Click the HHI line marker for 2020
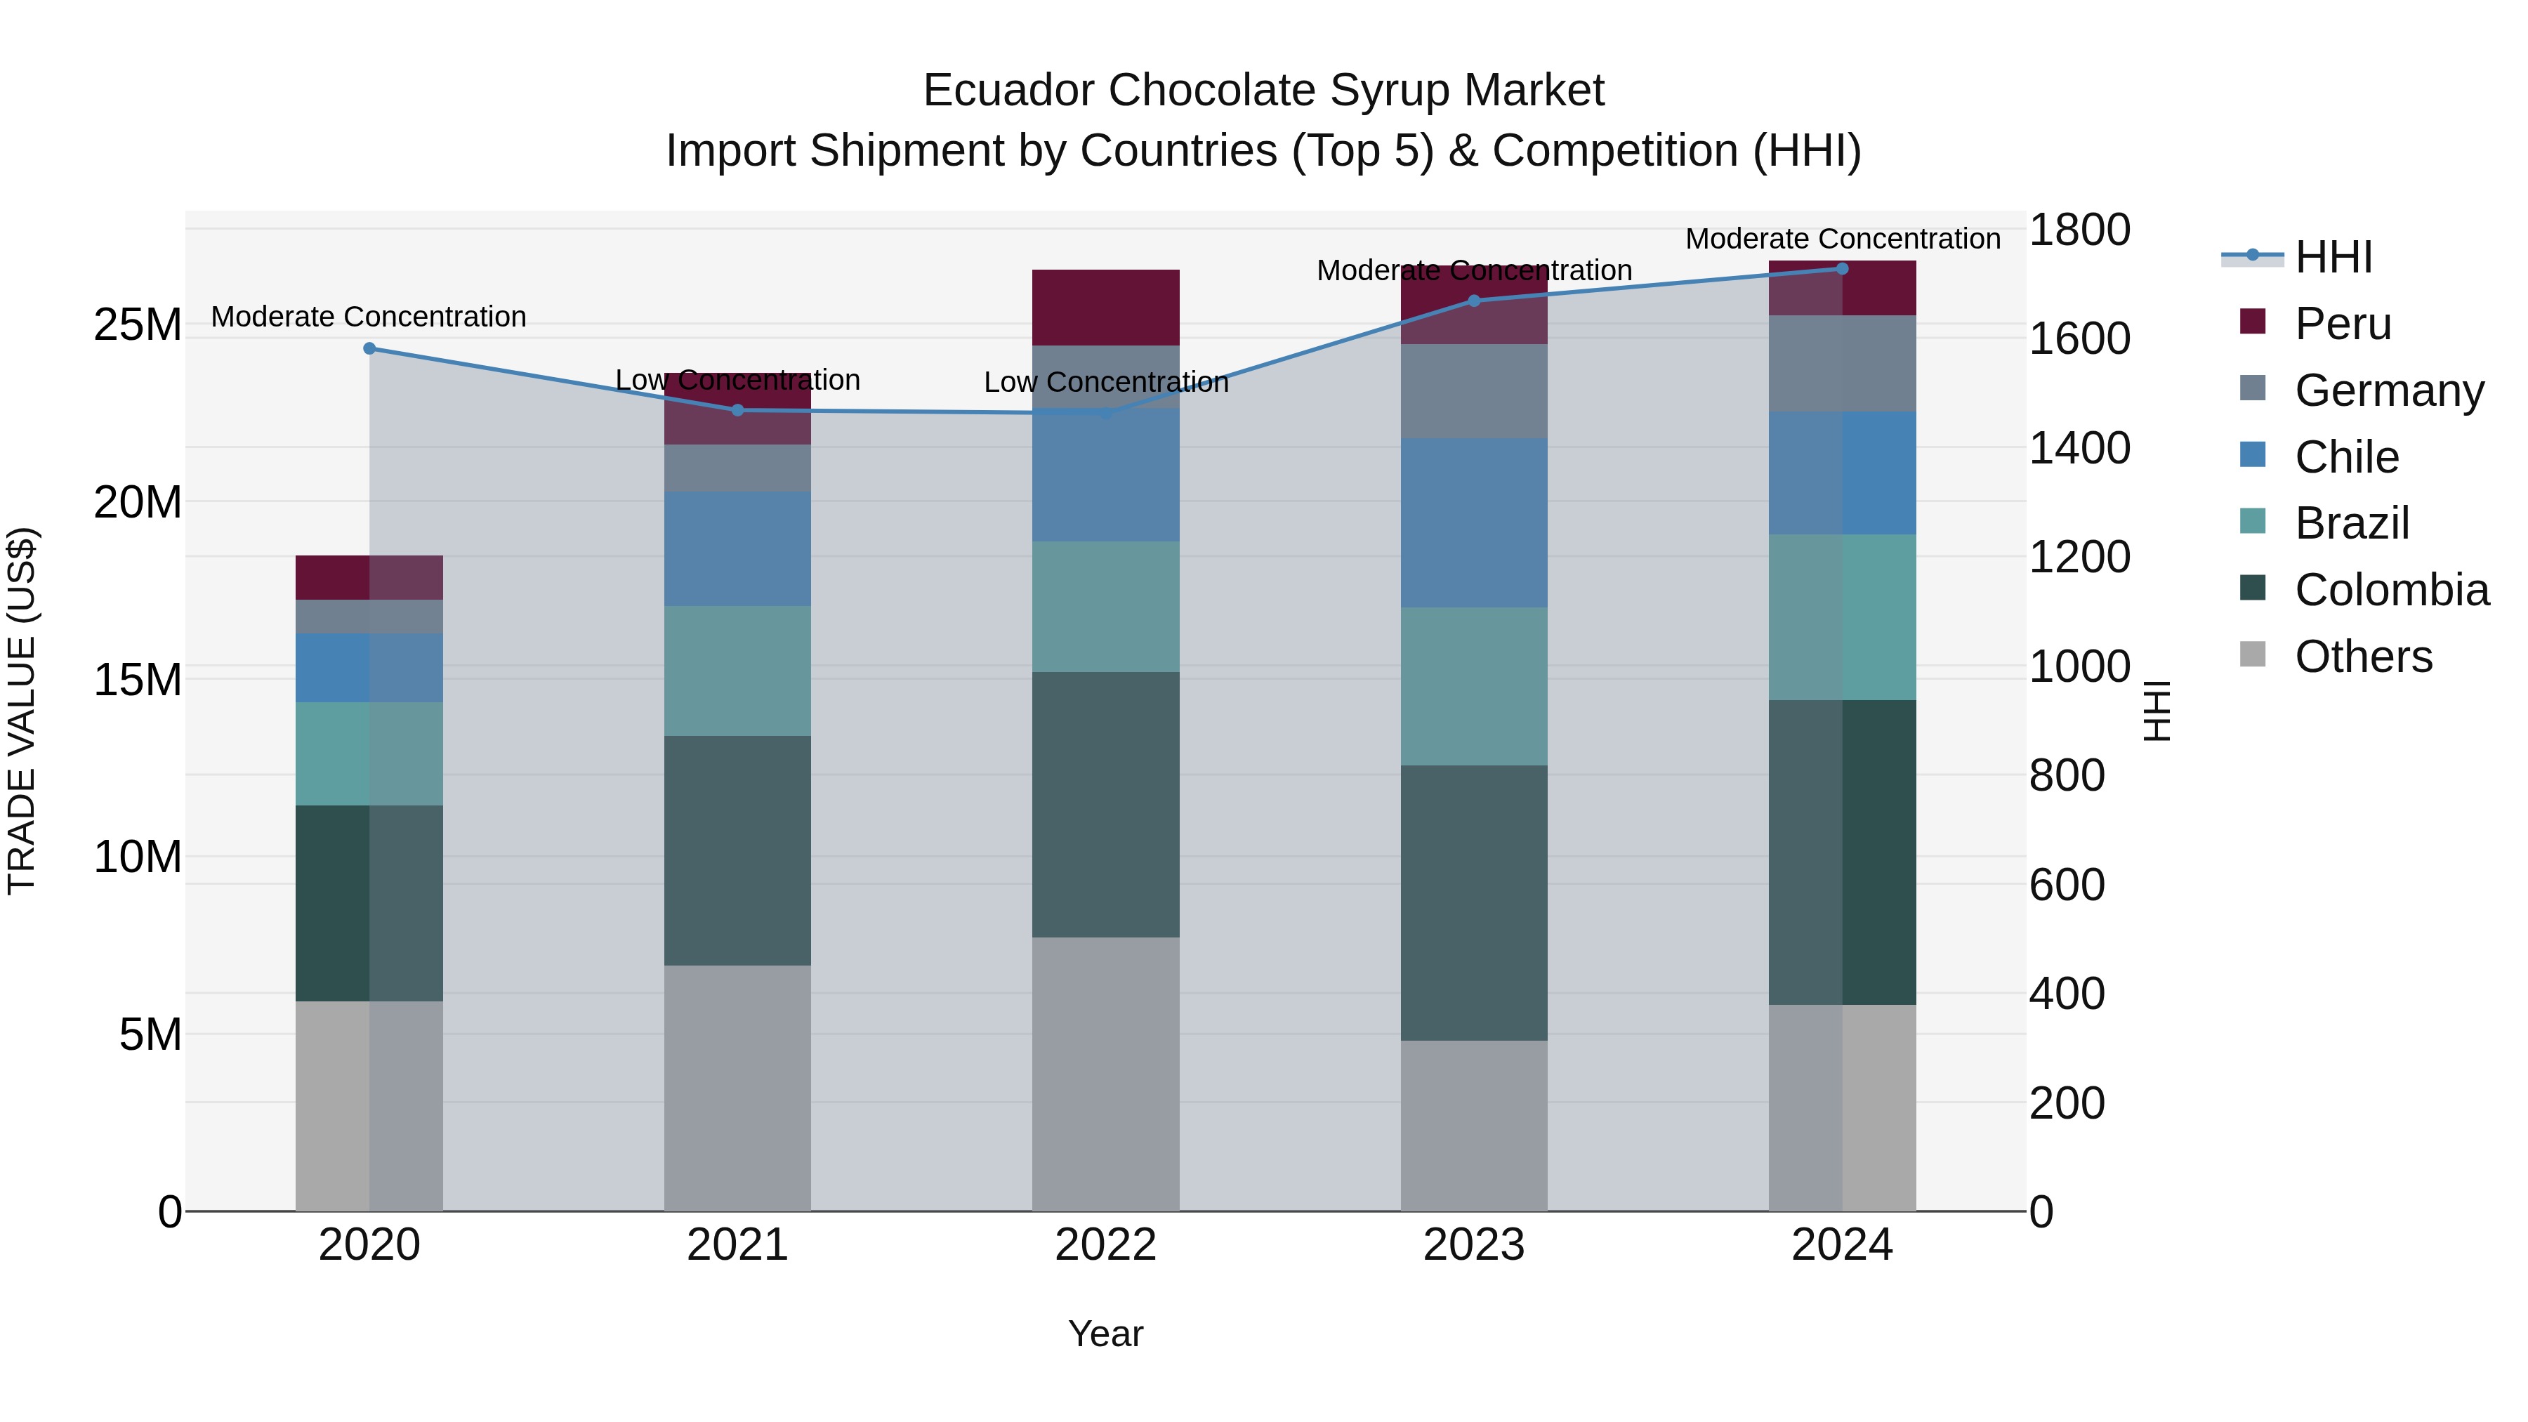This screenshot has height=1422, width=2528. [x=369, y=348]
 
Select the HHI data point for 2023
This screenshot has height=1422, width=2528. [x=1473, y=301]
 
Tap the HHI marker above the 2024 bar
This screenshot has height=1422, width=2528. [x=1842, y=269]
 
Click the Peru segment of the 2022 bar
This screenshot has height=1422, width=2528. [x=1105, y=307]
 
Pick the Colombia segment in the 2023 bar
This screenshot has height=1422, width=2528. [x=1473, y=903]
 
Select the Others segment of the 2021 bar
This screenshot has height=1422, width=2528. [x=737, y=1087]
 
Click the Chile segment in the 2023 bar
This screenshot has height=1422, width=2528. [x=1473, y=522]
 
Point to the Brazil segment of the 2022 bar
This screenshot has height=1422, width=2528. [x=1105, y=607]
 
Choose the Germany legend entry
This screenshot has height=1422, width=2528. [x=2389, y=390]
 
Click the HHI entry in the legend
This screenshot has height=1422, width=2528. [x=2333, y=257]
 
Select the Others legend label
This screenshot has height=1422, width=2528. [x=2363, y=657]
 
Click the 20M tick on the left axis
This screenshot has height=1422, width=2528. [x=138, y=503]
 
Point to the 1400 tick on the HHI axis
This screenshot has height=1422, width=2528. [x=2079, y=449]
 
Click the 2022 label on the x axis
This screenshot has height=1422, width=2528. [x=1105, y=1245]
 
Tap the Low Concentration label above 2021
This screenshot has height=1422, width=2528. [x=737, y=380]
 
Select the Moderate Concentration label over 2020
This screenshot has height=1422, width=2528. [x=369, y=317]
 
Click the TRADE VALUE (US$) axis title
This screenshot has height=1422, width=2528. [x=22, y=711]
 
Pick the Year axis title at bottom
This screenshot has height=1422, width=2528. [x=1105, y=1334]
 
